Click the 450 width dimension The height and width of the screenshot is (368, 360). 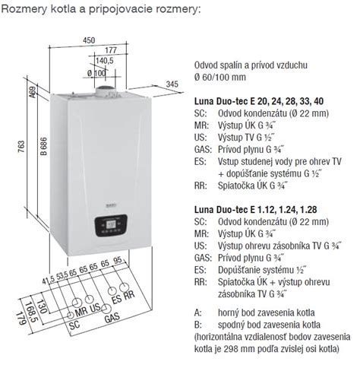click(89, 40)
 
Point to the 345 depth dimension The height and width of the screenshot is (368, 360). click(172, 84)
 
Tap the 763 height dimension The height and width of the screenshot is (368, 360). click(21, 147)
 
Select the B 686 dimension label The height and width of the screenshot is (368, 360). click(44, 146)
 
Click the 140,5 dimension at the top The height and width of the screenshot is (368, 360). click(105, 61)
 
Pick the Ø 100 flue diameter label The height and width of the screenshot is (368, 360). click(96, 73)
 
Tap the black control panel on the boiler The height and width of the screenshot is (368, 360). click(111, 225)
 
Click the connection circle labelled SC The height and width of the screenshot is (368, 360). click(71, 315)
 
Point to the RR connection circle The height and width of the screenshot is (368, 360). click(124, 287)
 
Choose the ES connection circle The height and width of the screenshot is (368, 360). click(112, 291)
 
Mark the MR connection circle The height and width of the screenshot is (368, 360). click(77, 303)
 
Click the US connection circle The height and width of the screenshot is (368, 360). click(90, 299)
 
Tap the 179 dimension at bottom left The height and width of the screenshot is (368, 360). click(21, 319)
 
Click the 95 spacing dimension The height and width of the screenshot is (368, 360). click(118, 261)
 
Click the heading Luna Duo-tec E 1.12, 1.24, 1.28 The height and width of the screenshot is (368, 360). click(256, 210)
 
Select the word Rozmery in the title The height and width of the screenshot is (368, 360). click(24, 9)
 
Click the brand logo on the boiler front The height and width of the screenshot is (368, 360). click(111, 205)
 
